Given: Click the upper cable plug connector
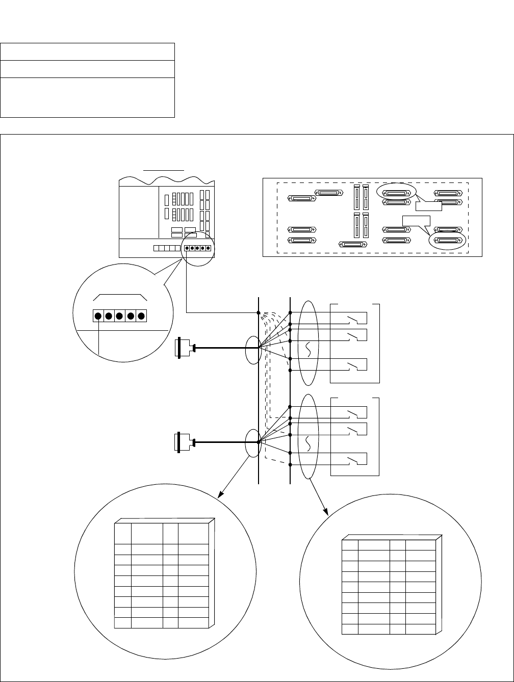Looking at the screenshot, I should click(x=185, y=348).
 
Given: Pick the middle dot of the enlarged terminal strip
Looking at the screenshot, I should click(x=119, y=316).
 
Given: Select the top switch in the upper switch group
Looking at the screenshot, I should click(x=352, y=320).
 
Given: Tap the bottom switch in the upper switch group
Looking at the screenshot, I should click(x=352, y=365).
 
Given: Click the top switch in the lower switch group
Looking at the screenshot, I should click(x=352, y=413).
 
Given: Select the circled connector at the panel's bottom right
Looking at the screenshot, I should click(x=447, y=241).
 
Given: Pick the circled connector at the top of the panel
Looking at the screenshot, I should click(x=396, y=193).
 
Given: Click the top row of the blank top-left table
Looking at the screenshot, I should click(x=88, y=51).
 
